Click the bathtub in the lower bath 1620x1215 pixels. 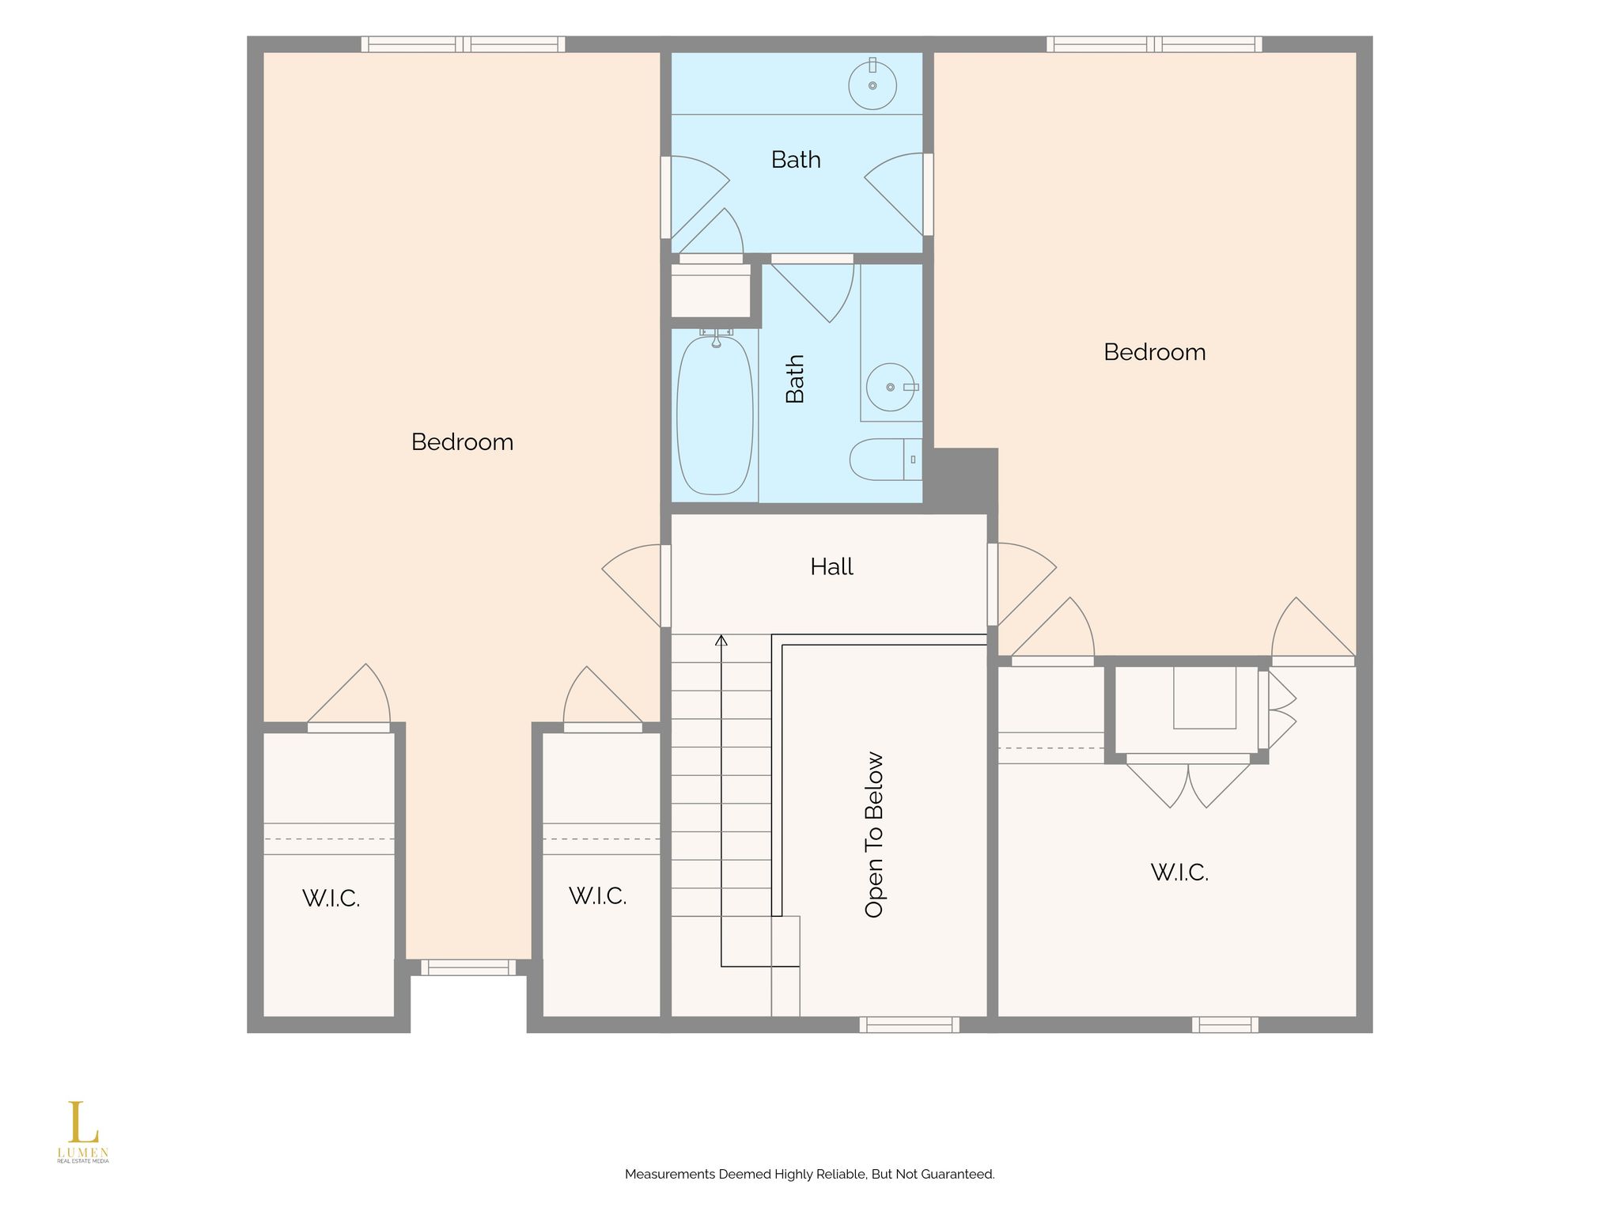pos(714,415)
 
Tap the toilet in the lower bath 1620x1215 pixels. pos(886,460)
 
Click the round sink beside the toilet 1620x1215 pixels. pos(891,388)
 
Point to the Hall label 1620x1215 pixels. pos(831,566)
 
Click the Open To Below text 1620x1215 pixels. pos(874,835)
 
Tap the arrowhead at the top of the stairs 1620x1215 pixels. pos(721,640)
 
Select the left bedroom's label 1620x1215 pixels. pos(462,441)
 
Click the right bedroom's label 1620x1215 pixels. pos(1154,352)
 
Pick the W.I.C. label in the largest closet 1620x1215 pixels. pos(1179,872)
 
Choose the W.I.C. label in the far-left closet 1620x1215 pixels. pos(331,899)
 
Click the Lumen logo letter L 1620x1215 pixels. pos(83,1122)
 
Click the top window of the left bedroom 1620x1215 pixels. pos(464,44)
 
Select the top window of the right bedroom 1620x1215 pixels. pos(1154,44)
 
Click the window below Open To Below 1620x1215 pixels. pos(910,1025)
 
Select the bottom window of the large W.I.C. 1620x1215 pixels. pos(1225,1025)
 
